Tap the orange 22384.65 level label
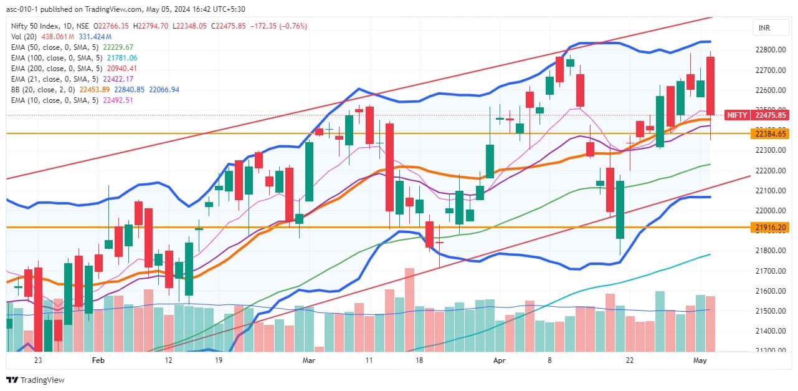771,133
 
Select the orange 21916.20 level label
771,228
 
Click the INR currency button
764,28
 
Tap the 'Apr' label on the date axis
498,360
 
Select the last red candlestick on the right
710,85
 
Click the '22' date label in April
630,360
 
